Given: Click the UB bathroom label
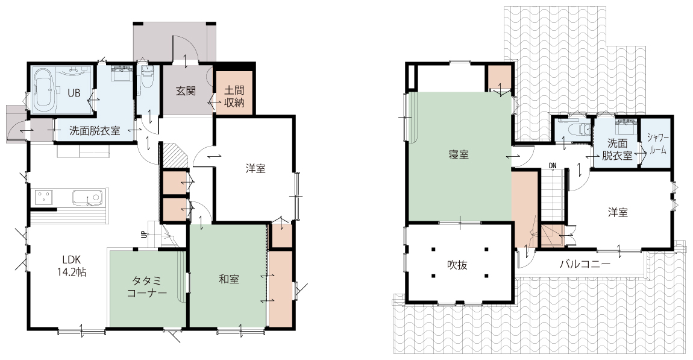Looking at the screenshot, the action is tap(74, 93).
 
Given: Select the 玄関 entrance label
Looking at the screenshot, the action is tap(186, 91).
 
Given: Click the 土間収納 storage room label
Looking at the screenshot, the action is tap(234, 97).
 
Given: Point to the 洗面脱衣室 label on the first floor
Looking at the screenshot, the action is tap(95, 131).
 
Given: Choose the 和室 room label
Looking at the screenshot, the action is tap(229, 279).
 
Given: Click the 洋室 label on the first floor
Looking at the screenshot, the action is tap(256, 168).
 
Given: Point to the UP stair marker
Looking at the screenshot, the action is tap(143, 235).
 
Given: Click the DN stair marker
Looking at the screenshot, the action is tap(553, 166).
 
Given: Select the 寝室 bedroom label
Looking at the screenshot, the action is tap(459, 155).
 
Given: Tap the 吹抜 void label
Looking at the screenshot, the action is tap(457, 265).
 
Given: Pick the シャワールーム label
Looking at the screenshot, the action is tap(657, 144).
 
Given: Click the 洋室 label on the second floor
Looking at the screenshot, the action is tap(618, 212).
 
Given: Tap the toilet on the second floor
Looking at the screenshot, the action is tap(578, 128).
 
